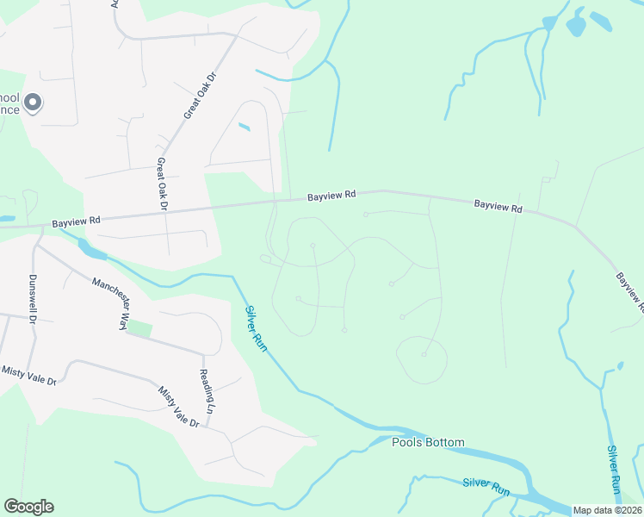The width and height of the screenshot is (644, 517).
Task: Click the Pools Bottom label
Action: pyautogui.click(x=428, y=443)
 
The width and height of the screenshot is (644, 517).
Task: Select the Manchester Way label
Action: pyautogui.click(x=110, y=302)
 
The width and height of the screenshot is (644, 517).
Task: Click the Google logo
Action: pyautogui.click(x=28, y=507)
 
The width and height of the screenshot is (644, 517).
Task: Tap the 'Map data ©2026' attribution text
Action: pyautogui.click(x=607, y=510)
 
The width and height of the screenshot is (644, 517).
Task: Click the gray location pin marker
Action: pyautogui.click(x=33, y=103)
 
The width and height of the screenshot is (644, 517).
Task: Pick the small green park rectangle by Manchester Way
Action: pyautogui.click(x=139, y=329)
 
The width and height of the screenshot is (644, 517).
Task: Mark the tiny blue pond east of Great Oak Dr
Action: pyautogui.click(x=244, y=128)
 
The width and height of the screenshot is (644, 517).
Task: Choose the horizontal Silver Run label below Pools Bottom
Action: pyautogui.click(x=486, y=487)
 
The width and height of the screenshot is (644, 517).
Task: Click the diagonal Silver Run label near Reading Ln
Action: pyautogui.click(x=257, y=327)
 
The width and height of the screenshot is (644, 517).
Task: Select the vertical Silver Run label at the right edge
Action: pyautogui.click(x=614, y=468)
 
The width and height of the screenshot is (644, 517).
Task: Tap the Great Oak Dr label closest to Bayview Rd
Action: pyautogui.click(x=161, y=184)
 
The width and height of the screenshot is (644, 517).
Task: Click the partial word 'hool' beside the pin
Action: pyautogui.click(x=10, y=97)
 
